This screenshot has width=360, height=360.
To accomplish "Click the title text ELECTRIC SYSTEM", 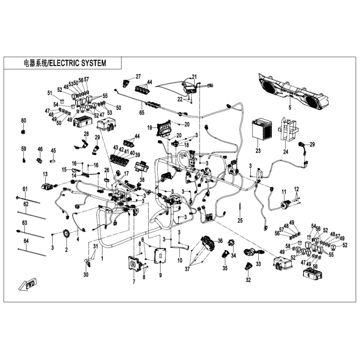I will coord(77,63).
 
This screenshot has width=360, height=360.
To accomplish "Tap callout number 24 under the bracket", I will coord(285,152).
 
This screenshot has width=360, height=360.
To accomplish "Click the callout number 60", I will coord(24,121).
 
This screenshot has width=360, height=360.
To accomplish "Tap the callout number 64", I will coord(26,241).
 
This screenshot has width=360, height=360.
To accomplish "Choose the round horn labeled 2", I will coord(67,235).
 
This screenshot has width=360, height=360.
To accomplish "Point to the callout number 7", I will coord(134,282).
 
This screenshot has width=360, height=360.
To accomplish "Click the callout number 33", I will coord(258,265).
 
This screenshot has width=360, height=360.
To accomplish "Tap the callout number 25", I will coord(240,220).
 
